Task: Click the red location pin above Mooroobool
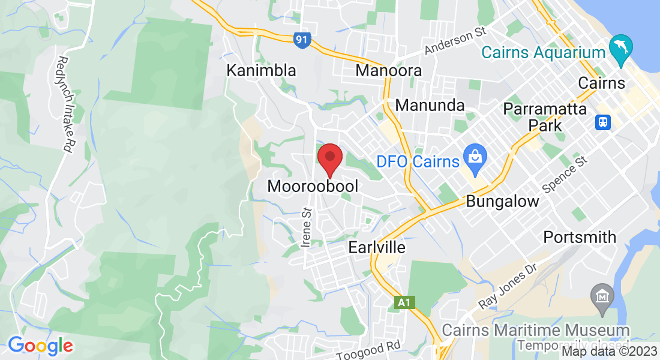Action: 329,158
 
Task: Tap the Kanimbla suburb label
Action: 261,70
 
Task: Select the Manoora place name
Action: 388,70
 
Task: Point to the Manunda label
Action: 430,106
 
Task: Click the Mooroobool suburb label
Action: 313,186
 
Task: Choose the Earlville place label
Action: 377,247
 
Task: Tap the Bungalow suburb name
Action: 502,201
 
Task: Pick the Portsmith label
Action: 580,237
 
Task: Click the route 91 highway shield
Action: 302,40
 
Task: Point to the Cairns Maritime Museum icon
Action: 601,296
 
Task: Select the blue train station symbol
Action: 602,122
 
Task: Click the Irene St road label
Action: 307,227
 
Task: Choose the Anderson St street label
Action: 454,41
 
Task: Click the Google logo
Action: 40,346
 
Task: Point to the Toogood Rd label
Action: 368,349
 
